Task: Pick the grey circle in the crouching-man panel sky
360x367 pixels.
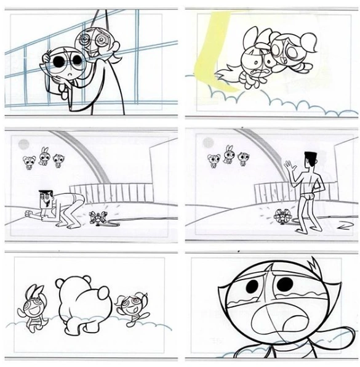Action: click(x=23, y=145)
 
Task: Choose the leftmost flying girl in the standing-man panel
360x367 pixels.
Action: click(x=213, y=161)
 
